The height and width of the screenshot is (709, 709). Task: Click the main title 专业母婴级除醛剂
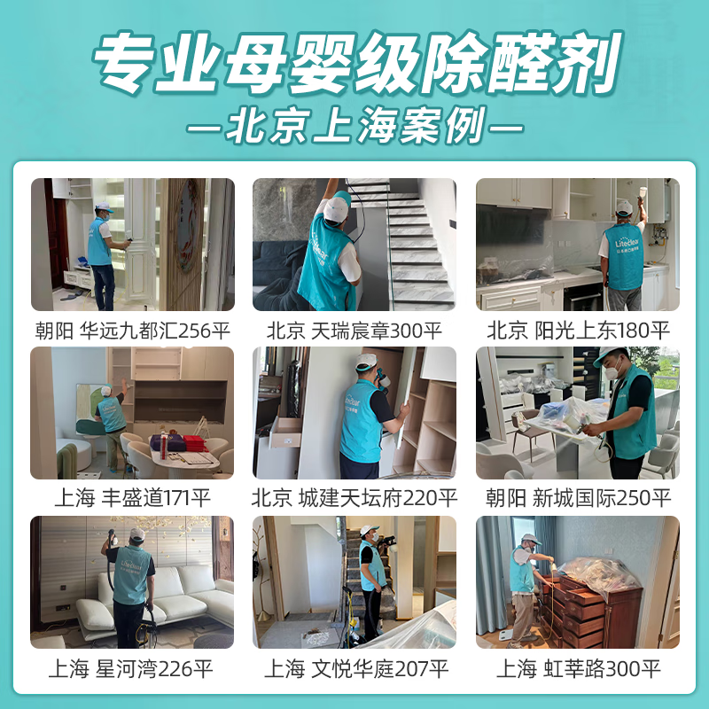click(x=354, y=66)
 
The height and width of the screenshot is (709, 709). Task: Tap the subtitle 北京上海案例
click(x=354, y=124)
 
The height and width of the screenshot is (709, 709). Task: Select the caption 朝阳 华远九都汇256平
click(x=132, y=331)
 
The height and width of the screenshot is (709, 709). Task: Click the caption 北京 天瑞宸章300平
click(x=354, y=331)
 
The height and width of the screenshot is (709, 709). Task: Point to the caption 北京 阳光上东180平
click(x=578, y=331)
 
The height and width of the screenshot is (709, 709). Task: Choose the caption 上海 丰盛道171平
click(x=132, y=498)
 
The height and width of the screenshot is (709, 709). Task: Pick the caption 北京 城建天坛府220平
click(x=354, y=498)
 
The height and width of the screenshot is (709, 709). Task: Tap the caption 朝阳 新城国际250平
click(x=578, y=498)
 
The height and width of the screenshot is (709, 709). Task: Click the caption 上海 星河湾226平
click(x=132, y=667)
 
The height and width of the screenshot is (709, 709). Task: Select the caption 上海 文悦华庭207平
click(x=354, y=667)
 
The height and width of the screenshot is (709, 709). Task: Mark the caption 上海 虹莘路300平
click(x=578, y=667)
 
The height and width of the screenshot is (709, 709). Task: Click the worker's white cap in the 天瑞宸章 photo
click(x=336, y=208)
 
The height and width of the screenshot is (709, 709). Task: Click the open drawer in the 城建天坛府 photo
click(x=285, y=433)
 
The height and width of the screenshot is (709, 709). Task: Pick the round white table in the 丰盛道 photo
click(x=182, y=458)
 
